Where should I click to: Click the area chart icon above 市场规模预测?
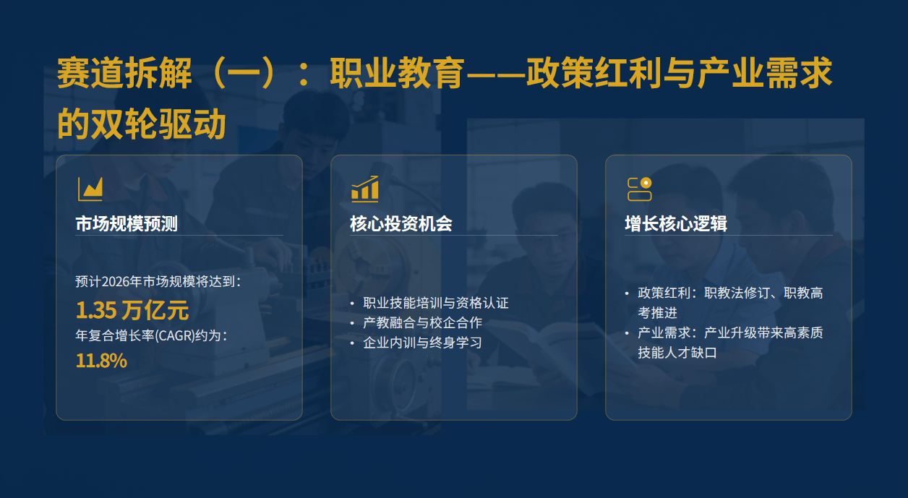click(x=90, y=189)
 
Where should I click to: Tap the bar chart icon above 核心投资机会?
click(x=364, y=189)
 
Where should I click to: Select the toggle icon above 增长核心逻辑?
click(x=640, y=189)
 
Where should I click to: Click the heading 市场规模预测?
click(x=127, y=224)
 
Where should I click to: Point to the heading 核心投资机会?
click(x=401, y=224)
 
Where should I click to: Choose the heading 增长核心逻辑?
click(x=676, y=224)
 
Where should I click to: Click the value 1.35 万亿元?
click(x=132, y=311)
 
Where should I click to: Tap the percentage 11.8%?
click(x=101, y=361)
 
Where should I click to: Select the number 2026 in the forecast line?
click(x=115, y=282)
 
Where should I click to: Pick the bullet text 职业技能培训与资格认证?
click(x=436, y=303)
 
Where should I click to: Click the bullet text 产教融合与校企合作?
click(x=422, y=322)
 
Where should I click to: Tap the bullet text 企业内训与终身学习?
click(x=422, y=343)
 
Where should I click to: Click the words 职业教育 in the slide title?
click(x=396, y=73)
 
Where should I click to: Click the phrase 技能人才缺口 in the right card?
click(x=677, y=353)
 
